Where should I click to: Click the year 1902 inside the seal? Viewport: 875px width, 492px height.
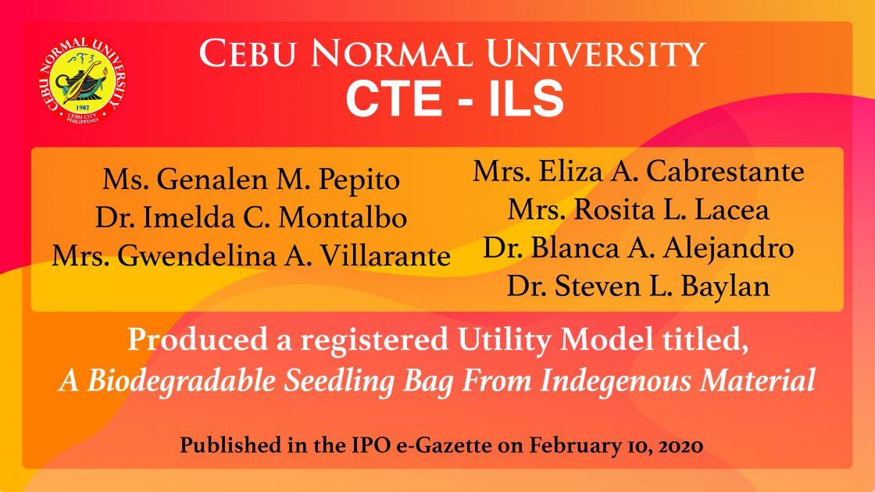click(82, 108)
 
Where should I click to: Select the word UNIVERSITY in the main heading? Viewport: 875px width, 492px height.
click(595, 54)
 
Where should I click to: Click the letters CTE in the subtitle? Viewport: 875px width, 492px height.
click(394, 98)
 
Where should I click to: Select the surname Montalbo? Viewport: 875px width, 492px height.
click(342, 218)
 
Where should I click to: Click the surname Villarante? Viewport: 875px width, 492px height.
click(385, 257)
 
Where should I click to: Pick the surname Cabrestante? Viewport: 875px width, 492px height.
click(725, 171)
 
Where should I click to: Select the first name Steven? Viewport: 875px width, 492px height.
click(598, 287)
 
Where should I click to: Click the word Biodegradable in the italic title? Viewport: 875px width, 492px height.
click(181, 382)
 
